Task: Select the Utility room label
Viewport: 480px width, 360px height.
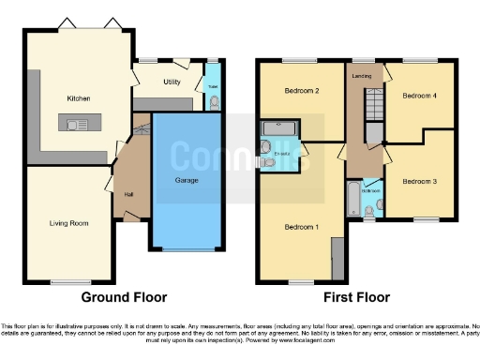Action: click(x=172, y=82)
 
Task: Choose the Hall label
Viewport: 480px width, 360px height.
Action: click(x=128, y=194)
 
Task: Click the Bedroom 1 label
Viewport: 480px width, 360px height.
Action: click(x=301, y=227)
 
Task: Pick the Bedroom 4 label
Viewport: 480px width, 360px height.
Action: click(x=418, y=96)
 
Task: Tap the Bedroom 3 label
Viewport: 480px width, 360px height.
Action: click(x=418, y=178)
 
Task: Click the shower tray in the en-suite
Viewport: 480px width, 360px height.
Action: click(x=278, y=128)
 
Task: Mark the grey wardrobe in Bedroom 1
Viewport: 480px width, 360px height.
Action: click(x=337, y=257)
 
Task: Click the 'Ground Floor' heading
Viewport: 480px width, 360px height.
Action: click(x=124, y=297)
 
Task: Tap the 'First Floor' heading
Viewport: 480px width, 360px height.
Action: click(x=356, y=297)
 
